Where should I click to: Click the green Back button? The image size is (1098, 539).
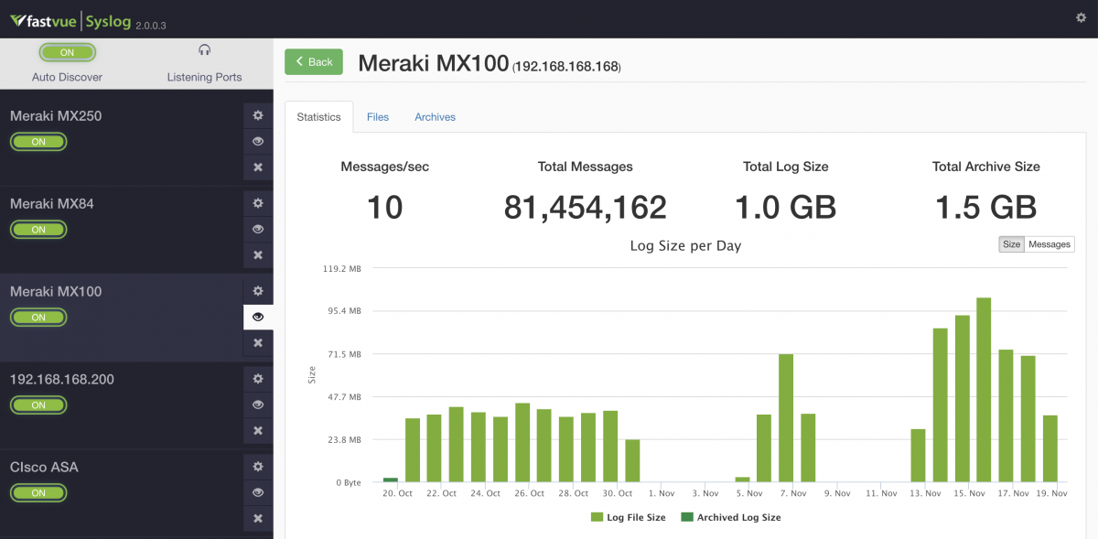pos(313,62)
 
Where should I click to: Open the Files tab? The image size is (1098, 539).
pos(378,117)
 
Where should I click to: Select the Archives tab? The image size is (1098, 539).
pos(435,117)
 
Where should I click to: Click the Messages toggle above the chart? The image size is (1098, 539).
pos(1049,244)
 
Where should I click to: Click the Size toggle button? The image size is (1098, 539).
pos(1011,244)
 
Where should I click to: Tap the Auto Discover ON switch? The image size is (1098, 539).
pos(67,53)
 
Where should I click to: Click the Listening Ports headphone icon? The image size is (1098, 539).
pos(204,50)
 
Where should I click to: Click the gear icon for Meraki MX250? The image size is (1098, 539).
pos(258,115)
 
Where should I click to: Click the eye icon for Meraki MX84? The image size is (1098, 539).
pos(258,229)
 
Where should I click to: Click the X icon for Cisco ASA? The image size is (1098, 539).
pos(258,519)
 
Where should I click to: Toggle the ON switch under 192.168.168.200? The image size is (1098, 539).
pos(38,405)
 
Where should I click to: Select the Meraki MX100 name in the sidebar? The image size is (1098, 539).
pos(56,292)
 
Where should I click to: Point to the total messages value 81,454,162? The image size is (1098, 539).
pos(585,208)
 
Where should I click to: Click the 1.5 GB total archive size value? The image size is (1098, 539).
pos(985,208)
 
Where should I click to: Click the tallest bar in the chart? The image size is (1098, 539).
pos(984,389)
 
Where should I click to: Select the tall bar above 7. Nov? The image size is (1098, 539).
pos(786,417)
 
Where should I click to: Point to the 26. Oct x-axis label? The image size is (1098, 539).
pos(530,493)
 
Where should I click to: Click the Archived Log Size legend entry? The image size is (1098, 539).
pos(731,517)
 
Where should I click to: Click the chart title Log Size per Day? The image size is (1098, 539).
pos(685,245)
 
